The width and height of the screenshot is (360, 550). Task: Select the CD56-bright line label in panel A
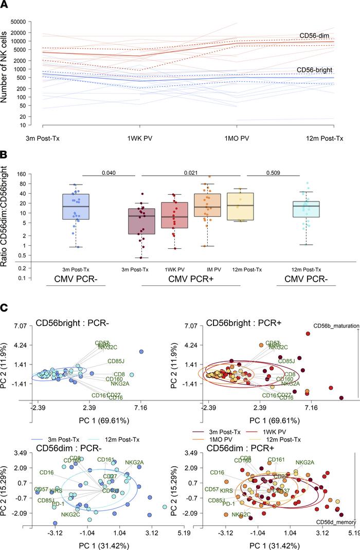point(316,69)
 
